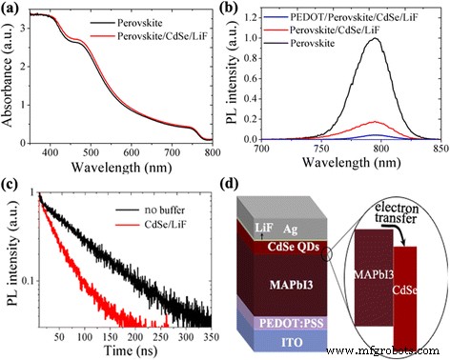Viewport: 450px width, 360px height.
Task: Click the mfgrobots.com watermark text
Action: pos(399,352)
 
